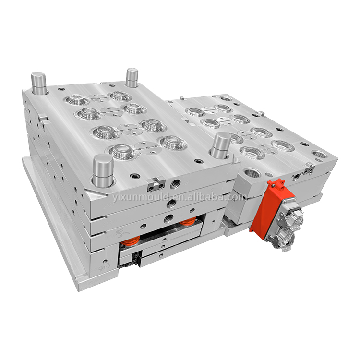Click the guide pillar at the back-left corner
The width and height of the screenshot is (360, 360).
38,83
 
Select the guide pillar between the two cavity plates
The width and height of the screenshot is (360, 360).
220,145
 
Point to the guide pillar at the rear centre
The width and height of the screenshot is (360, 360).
132,77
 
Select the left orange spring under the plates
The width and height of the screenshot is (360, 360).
130,241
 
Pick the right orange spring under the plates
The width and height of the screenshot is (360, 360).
188,221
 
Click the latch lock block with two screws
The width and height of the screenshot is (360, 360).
156,184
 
